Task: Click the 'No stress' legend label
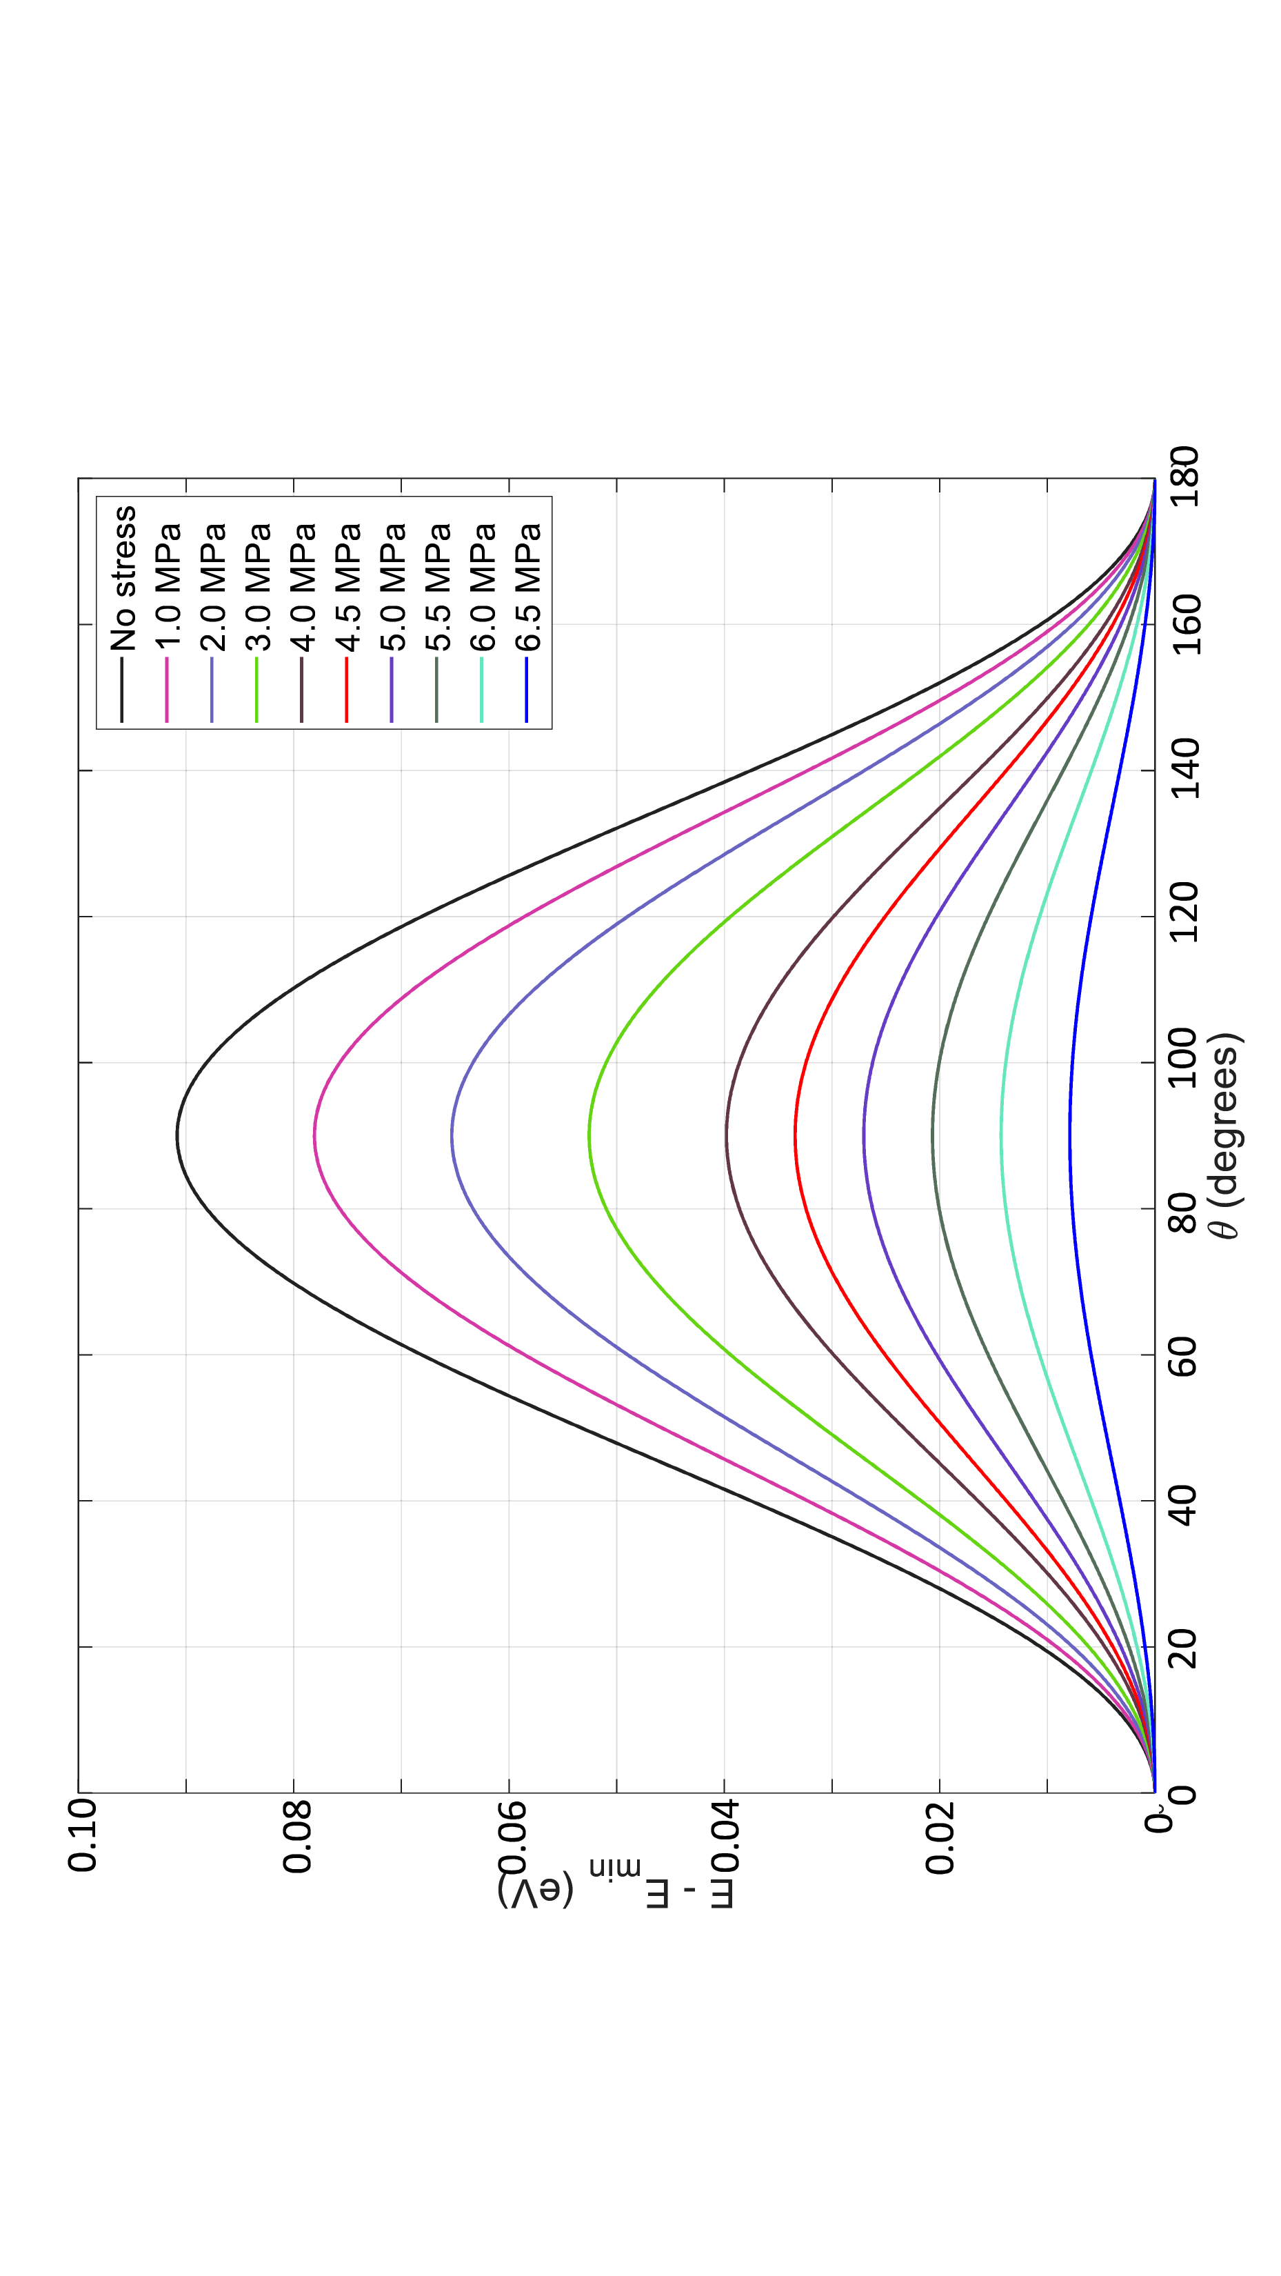click(x=123, y=578)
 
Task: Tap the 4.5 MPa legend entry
click(x=348, y=587)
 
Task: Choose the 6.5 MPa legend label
click(x=527, y=587)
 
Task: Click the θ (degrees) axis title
click(x=1224, y=1135)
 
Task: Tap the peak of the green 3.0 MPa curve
click(x=589, y=1136)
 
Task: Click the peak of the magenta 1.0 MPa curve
click(x=314, y=1136)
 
